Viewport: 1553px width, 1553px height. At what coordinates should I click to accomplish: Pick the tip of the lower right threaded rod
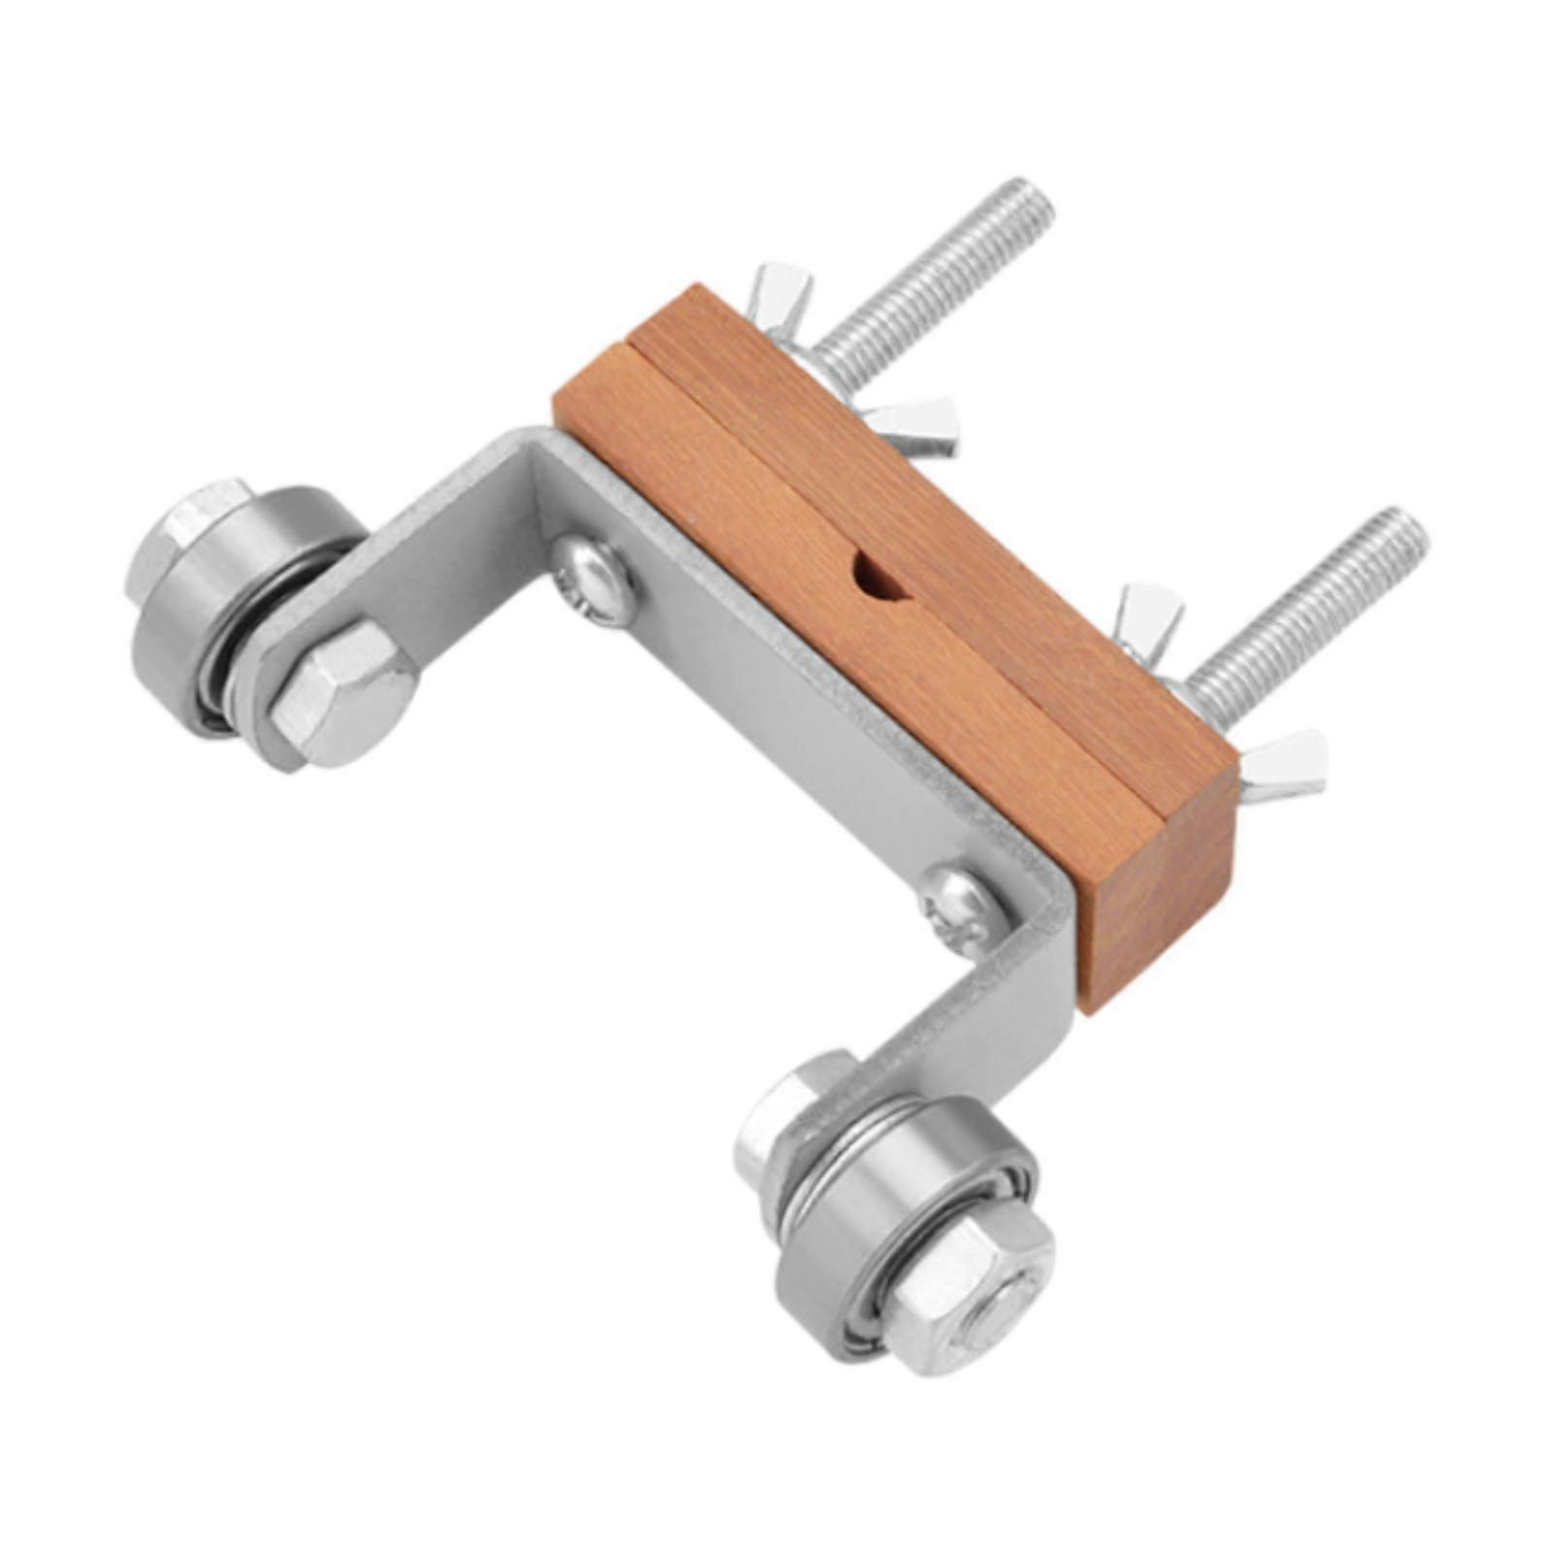click(x=1407, y=529)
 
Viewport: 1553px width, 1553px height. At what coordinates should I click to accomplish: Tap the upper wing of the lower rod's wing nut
click(x=1150, y=611)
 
